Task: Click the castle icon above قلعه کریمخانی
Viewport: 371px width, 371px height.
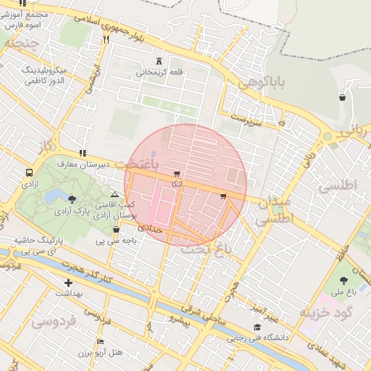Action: click(159, 61)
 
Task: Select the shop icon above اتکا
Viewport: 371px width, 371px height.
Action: click(176, 175)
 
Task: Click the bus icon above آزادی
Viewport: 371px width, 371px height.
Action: click(29, 173)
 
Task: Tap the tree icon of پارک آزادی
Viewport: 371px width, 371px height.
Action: click(71, 199)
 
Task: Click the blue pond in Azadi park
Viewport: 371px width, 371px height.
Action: click(53, 196)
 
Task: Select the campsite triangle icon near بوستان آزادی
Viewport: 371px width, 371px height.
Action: click(114, 194)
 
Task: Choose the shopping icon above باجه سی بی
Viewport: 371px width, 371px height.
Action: click(116, 230)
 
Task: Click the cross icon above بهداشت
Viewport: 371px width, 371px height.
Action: click(68, 283)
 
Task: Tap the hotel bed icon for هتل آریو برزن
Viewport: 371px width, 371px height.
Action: click(100, 341)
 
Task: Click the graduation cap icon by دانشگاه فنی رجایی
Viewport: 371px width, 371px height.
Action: click(257, 328)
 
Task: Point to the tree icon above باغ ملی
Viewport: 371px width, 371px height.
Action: click(343, 280)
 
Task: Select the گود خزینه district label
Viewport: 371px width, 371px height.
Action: click(325, 312)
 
